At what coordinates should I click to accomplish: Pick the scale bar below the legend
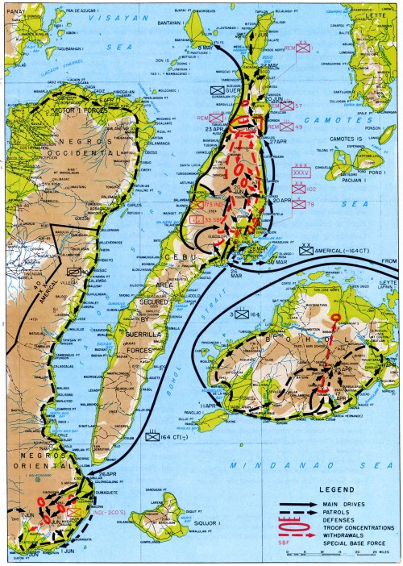[339, 553]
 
